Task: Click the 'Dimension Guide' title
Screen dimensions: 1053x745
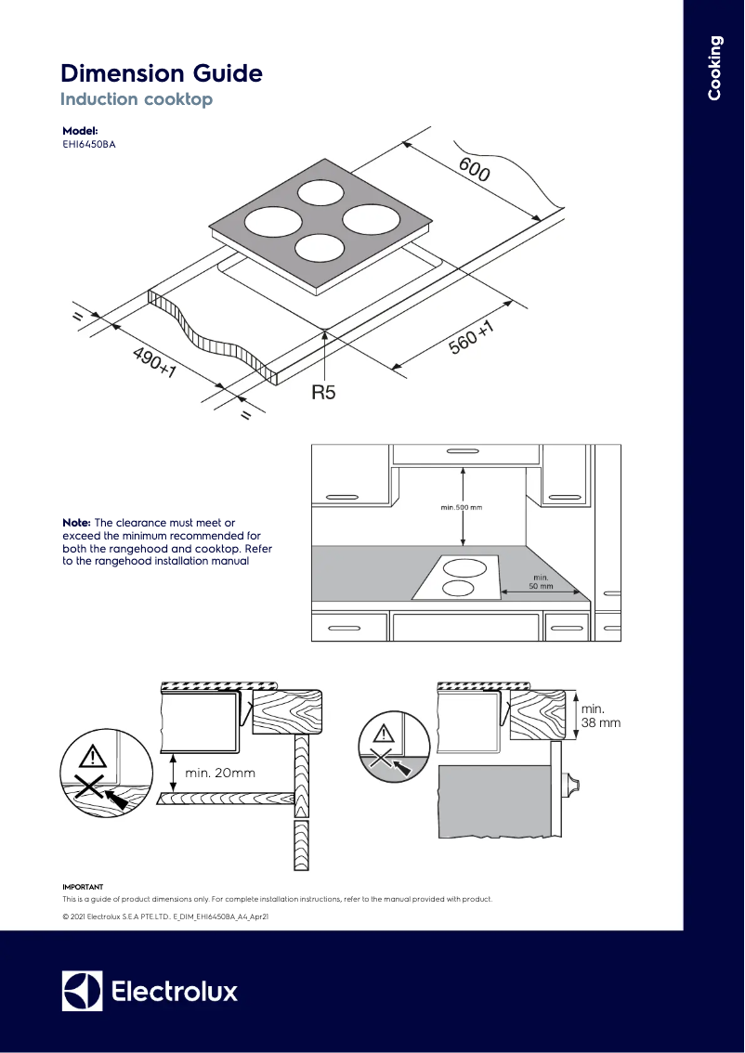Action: [161, 73]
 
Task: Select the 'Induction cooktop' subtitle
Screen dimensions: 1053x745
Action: [136, 99]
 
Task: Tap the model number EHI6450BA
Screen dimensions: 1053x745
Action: [89, 144]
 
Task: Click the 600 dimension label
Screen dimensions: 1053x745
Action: [474, 170]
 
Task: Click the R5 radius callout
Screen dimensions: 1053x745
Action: [322, 393]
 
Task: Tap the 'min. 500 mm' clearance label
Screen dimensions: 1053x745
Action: [462, 508]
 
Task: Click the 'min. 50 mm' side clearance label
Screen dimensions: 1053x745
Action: [541, 582]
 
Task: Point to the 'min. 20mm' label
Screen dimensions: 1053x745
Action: [220, 772]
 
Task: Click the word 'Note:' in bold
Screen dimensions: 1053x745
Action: [76, 524]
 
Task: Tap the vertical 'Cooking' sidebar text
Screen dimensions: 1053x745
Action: [714, 67]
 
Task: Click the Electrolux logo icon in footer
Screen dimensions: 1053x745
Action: [82, 991]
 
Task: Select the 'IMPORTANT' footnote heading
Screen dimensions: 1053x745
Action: [83, 887]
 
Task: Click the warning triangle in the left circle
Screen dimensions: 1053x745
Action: [92, 755]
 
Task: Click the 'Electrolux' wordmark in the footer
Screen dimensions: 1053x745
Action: [175, 991]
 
